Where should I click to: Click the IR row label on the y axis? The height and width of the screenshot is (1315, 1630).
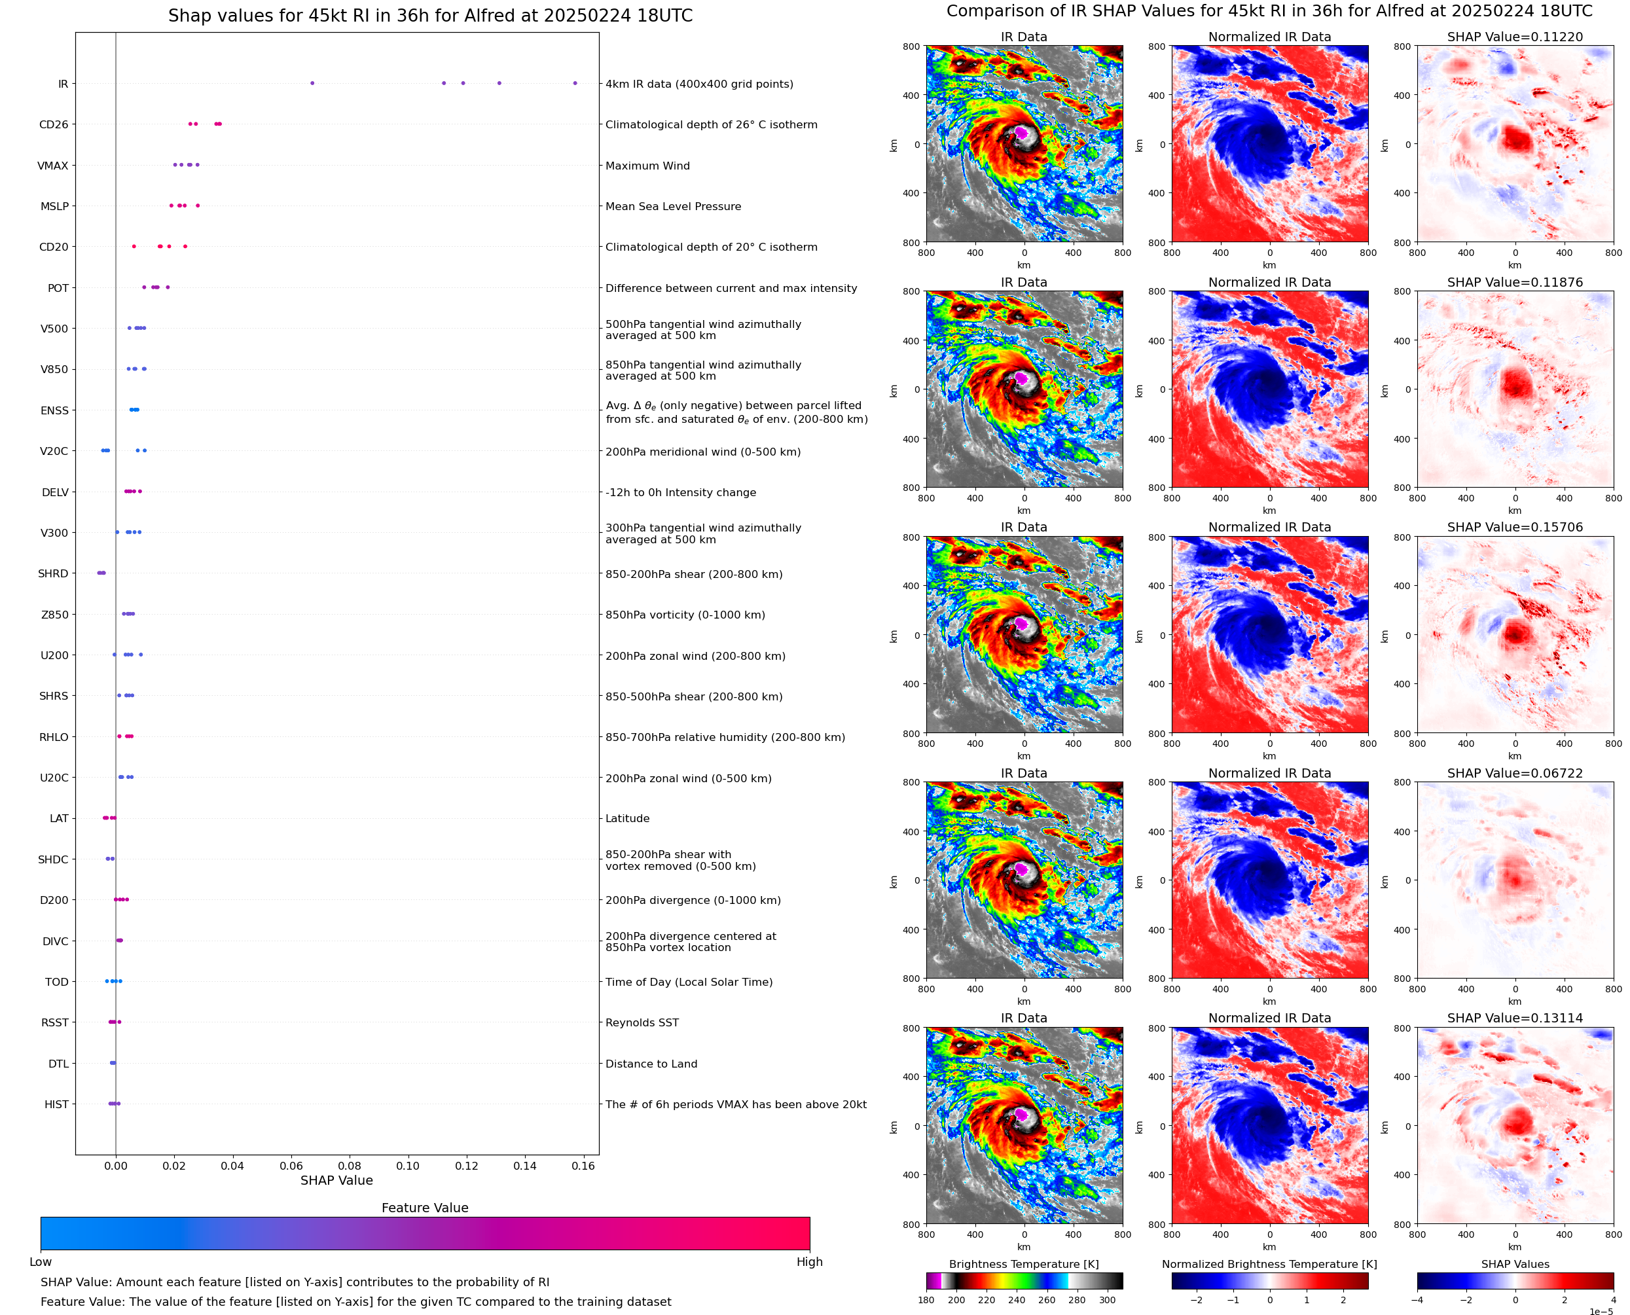click(63, 84)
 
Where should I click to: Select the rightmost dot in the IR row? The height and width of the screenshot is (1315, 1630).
click(575, 83)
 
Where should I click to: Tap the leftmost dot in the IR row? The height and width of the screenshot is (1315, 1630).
click(312, 83)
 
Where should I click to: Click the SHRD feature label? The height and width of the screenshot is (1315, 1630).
click(53, 573)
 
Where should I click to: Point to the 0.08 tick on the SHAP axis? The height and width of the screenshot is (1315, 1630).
click(349, 1166)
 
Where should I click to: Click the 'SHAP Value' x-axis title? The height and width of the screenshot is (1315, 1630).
click(336, 1180)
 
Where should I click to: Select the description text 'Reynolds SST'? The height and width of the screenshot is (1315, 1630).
click(642, 1022)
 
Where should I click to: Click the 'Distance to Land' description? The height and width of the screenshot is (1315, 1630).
click(651, 1064)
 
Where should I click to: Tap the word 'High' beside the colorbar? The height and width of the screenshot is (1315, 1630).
click(809, 1261)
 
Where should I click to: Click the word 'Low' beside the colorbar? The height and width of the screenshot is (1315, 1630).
click(40, 1261)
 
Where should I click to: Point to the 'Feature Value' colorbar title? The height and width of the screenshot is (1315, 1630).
click(424, 1208)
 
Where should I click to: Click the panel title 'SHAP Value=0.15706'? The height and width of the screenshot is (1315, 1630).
click(1514, 527)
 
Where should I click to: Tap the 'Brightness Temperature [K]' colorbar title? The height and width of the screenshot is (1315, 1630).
click(1023, 1263)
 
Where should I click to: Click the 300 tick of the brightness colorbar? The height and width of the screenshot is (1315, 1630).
click(1106, 1300)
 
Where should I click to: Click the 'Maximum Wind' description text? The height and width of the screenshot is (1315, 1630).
click(647, 166)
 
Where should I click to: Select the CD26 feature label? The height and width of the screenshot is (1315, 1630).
click(53, 125)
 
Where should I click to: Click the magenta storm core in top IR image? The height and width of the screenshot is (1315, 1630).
click(1021, 133)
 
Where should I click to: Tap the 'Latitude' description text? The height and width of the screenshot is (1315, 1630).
click(627, 818)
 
